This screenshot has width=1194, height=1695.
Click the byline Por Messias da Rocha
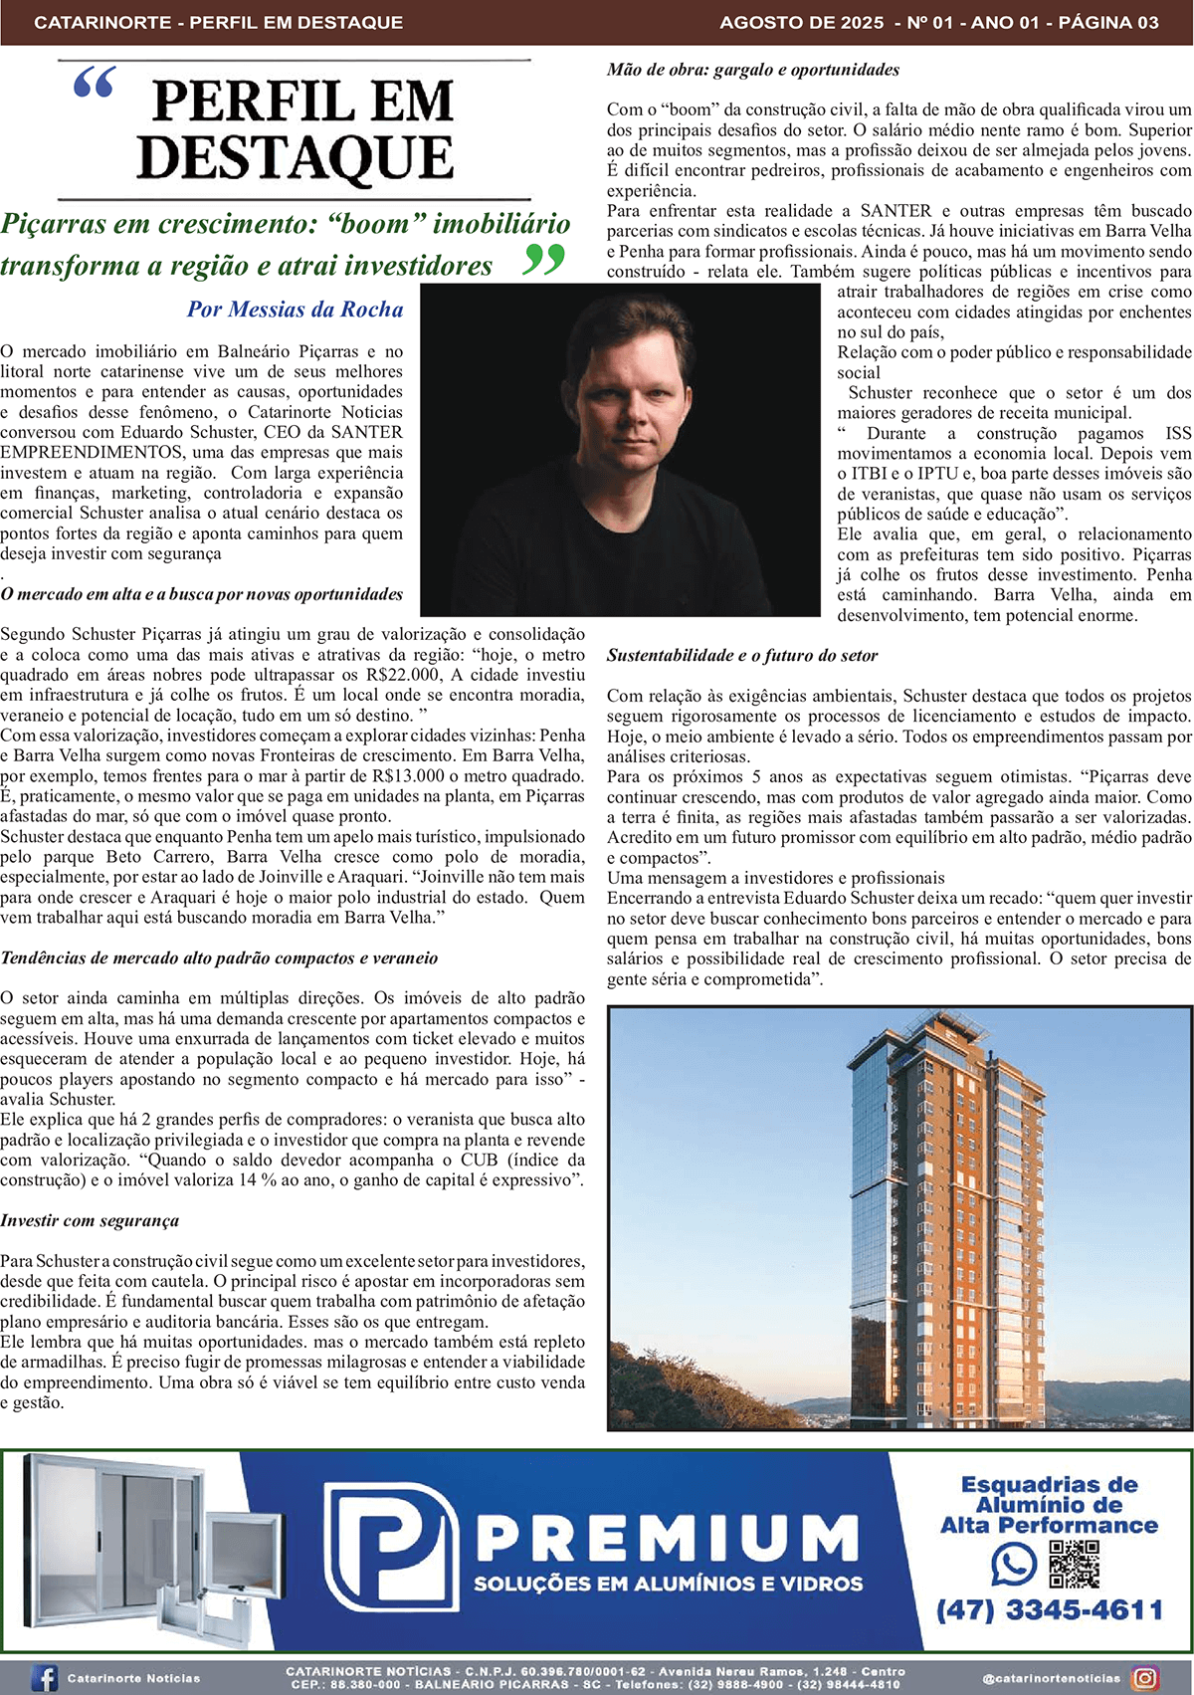(296, 310)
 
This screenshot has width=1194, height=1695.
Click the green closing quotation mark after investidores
(543, 261)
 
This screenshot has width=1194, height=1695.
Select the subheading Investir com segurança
(90, 1220)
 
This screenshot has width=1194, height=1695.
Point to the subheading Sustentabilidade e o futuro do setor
(742, 656)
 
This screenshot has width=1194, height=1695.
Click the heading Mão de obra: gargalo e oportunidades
(753, 70)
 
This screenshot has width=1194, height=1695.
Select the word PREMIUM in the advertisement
(667, 1538)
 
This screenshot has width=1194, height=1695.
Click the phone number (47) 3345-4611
(1049, 1610)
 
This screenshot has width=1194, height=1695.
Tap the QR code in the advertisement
(1075, 1565)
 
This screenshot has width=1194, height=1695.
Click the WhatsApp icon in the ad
(1013, 1565)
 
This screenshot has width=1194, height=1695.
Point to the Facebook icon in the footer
(44, 1678)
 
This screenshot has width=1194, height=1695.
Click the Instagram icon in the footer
(1145, 1678)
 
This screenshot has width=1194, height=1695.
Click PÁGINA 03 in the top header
(1109, 22)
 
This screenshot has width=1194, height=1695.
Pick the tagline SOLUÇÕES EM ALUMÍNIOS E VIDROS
(668, 1584)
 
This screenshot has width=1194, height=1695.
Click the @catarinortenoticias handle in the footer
(1051, 1678)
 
